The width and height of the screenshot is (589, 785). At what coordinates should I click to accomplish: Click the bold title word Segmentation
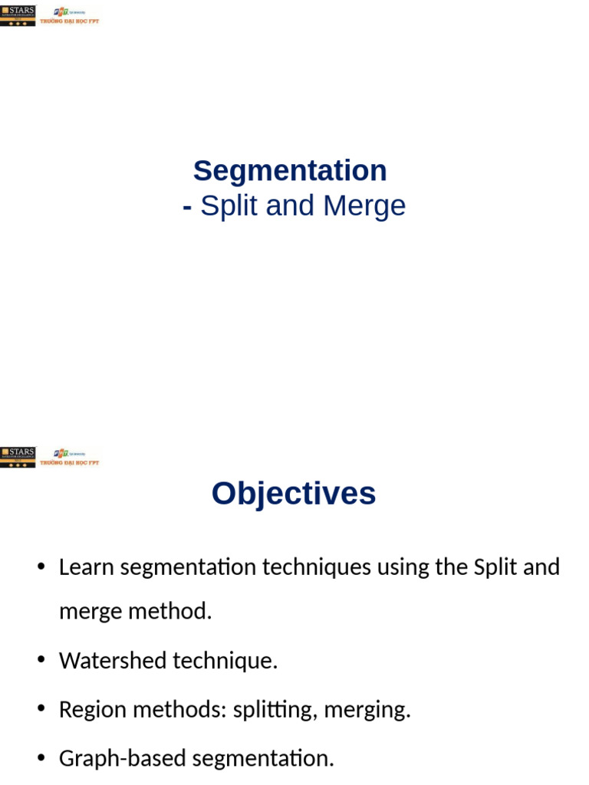(x=290, y=171)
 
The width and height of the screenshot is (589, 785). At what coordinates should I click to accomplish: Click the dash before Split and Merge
(x=187, y=206)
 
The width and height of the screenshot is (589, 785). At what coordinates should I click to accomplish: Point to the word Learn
(x=87, y=567)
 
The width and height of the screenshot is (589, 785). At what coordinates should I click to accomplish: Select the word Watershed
(x=113, y=660)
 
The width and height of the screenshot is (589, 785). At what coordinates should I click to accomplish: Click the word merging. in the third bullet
(x=367, y=709)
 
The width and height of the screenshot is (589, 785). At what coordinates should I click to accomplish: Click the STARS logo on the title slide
(x=18, y=16)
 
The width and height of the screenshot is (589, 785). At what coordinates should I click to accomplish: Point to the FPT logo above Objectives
(x=70, y=457)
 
